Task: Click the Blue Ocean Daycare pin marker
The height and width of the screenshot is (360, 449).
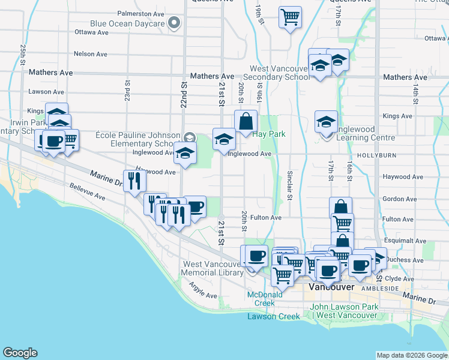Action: pos(175,24)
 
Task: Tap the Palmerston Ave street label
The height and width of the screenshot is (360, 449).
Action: pos(140,13)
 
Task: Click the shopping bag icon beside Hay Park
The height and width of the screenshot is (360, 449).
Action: pos(246,122)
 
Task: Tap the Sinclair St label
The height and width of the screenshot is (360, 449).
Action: pos(289,184)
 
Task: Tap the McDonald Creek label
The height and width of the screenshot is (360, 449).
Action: pos(265,298)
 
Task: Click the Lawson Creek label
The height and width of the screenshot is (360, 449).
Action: pos(274,316)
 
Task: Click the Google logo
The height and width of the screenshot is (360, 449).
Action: pos(20,353)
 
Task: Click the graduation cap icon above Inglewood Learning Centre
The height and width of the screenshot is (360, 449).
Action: pos(326,122)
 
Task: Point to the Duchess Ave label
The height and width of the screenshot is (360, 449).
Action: pos(406,260)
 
